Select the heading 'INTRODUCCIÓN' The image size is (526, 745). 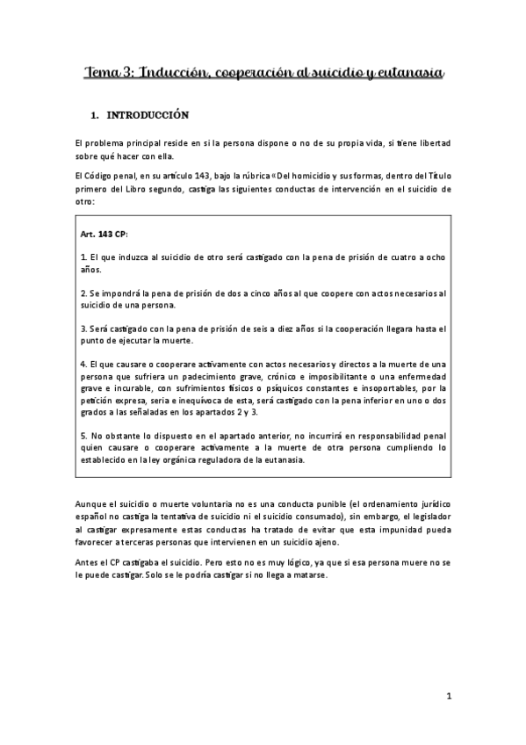[x=148, y=115]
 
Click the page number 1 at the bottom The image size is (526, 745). [x=448, y=698]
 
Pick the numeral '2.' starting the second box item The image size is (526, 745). [x=83, y=293]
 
